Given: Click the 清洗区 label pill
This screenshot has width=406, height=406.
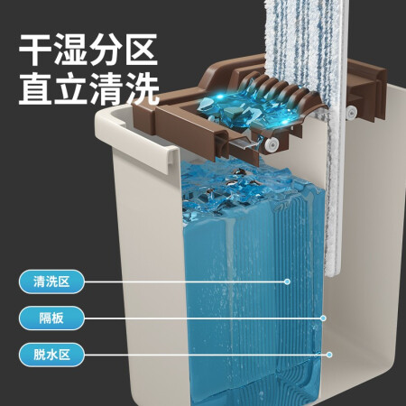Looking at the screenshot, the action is [51, 281].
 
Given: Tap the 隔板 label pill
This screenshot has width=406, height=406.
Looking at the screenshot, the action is [51, 318].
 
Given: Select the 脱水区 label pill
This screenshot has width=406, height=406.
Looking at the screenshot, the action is [51, 355].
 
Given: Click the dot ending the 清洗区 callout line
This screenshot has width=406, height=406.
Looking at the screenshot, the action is [287, 281].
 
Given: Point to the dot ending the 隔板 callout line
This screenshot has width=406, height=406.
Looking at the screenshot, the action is [323, 318].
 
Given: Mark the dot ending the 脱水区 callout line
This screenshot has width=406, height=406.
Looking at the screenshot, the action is [329, 355].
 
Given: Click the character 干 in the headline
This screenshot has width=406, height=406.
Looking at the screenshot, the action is [35, 50].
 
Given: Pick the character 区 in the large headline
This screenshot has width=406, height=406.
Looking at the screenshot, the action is [142, 50].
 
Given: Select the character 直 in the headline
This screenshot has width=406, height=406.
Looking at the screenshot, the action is [35, 89].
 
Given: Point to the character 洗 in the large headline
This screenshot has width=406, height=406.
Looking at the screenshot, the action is [142, 89].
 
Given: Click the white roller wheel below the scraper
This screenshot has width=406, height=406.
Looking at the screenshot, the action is [272, 145].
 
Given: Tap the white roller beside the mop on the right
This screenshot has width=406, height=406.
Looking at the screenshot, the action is [351, 112].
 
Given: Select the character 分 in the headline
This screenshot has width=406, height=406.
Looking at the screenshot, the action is [106, 50].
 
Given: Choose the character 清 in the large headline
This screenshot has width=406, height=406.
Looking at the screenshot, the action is [106, 89].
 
